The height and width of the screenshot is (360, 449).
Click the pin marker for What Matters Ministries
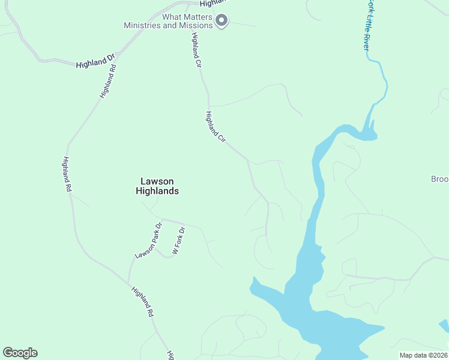[221, 21]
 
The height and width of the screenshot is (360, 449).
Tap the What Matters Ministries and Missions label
[168, 21]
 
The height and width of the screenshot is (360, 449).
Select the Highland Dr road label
[95, 61]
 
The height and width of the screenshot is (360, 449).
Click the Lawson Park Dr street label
[149, 241]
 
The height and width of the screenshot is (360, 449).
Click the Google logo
[20, 353]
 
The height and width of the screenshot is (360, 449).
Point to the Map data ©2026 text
[423, 355]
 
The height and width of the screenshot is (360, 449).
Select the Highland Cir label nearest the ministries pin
[196, 49]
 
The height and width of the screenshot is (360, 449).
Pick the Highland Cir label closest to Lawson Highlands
[215, 127]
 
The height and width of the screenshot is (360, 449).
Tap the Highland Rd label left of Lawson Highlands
[67, 175]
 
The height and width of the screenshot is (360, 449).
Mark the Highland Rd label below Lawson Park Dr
[143, 301]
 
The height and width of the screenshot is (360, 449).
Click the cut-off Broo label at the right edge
[440, 179]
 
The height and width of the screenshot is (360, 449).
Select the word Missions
[196, 25]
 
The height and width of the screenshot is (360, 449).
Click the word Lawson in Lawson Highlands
[157, 181]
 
